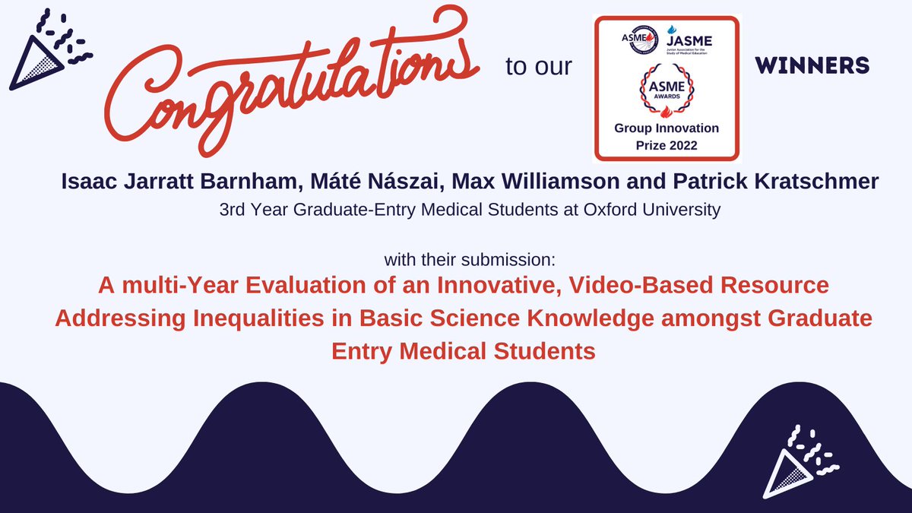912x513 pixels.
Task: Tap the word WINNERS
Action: click(812, 66)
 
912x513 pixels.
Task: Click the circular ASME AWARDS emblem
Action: click(666, 90)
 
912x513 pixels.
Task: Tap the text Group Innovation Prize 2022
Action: click(666, 135)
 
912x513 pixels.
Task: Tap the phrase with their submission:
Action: click(470, 260)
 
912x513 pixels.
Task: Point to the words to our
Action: click(538, 67)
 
